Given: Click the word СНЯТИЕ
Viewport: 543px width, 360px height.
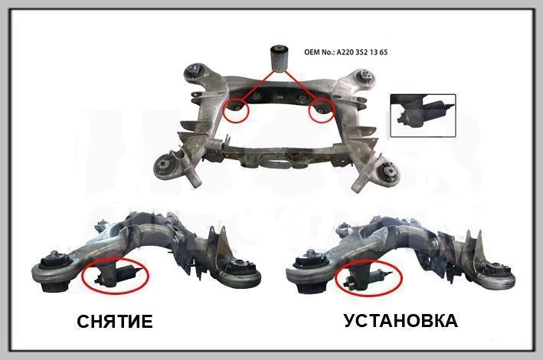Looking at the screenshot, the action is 115,322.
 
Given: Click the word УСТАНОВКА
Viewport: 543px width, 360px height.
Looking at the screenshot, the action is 401,321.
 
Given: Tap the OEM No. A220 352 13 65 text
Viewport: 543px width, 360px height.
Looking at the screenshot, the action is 345,52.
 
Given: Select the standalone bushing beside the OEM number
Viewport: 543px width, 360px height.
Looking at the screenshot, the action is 279,58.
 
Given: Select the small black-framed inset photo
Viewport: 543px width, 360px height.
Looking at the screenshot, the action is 423,116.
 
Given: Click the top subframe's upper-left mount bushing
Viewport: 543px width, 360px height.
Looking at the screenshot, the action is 195,71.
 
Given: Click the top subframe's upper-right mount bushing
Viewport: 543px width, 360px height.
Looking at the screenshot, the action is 365,77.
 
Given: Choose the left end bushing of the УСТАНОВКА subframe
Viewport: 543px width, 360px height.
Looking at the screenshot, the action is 309,273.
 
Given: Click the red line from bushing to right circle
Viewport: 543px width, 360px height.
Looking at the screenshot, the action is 300,86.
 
